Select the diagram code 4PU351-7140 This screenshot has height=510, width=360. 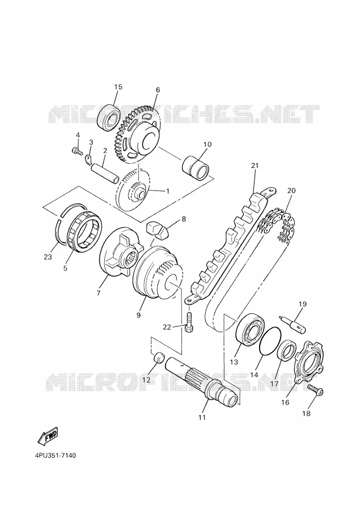[55, 456]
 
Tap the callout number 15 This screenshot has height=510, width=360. [118, 87]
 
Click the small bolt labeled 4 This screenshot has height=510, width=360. [77, 151]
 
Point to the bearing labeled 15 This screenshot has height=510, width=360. [109, 116]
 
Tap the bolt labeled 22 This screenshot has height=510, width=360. [189, 322]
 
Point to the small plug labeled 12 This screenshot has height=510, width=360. [159, 358]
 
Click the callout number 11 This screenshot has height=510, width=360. [202, 417]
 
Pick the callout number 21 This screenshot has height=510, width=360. [255, 165]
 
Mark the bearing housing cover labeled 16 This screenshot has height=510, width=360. [309, 362]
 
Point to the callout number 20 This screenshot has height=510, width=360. [291, 190]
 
